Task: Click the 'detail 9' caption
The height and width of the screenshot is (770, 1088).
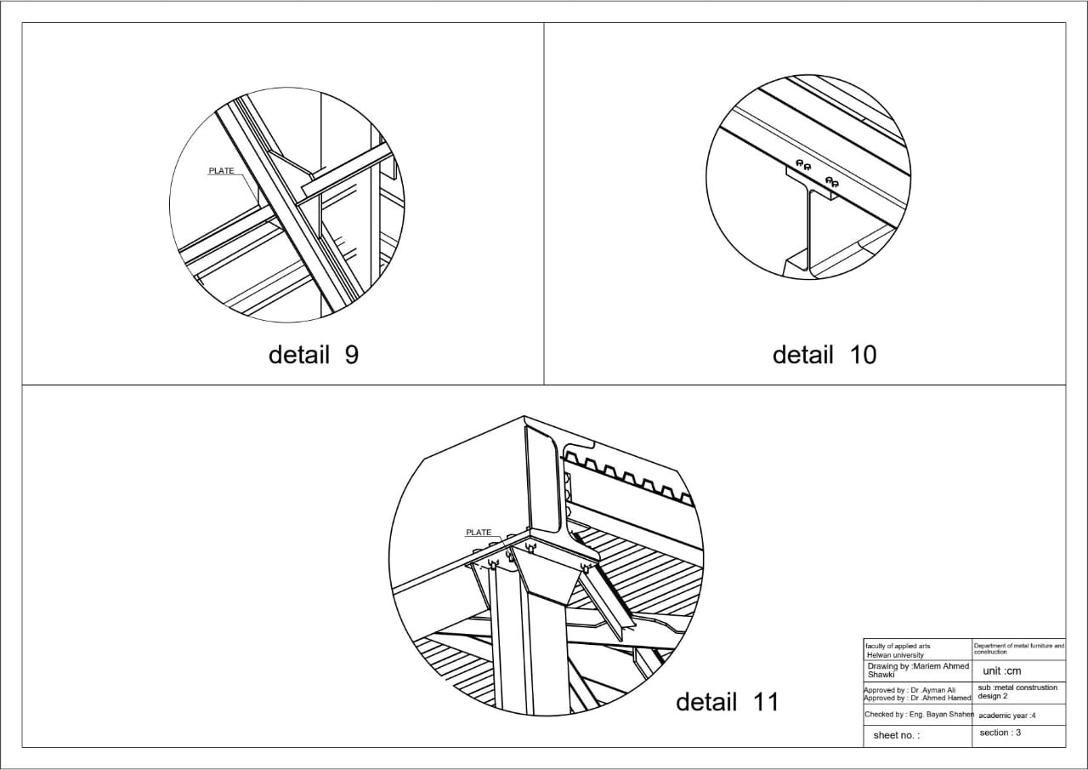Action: click(314, 354)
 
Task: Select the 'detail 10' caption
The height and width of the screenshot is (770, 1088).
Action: click(824, 354)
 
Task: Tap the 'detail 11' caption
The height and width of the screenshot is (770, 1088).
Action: click(727, 702)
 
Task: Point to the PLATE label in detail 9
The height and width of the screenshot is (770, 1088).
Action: click(221, 171)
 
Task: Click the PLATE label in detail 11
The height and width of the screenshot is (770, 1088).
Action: click(479, 533)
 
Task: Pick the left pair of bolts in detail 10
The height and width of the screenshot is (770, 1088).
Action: click(802, 164)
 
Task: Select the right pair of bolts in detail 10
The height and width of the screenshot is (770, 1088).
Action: click(831, 181)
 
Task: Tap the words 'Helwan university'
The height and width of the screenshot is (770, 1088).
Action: click(895, 655)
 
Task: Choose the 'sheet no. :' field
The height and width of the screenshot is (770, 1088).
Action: click(897, 735)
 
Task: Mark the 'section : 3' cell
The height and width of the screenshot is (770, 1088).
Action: click(1000, 733)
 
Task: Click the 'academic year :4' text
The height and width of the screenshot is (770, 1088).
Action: click(1007, 716)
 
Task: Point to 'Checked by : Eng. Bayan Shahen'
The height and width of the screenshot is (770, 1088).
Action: click(919, 715)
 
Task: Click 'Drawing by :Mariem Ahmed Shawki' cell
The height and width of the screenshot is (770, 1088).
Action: click(918, 670)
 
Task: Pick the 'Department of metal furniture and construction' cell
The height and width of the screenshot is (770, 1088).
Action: click(1018, 649)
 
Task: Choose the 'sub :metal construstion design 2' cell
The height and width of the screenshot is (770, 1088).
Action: click(1017, 692)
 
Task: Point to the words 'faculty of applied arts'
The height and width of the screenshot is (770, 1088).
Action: click(898, 646)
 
